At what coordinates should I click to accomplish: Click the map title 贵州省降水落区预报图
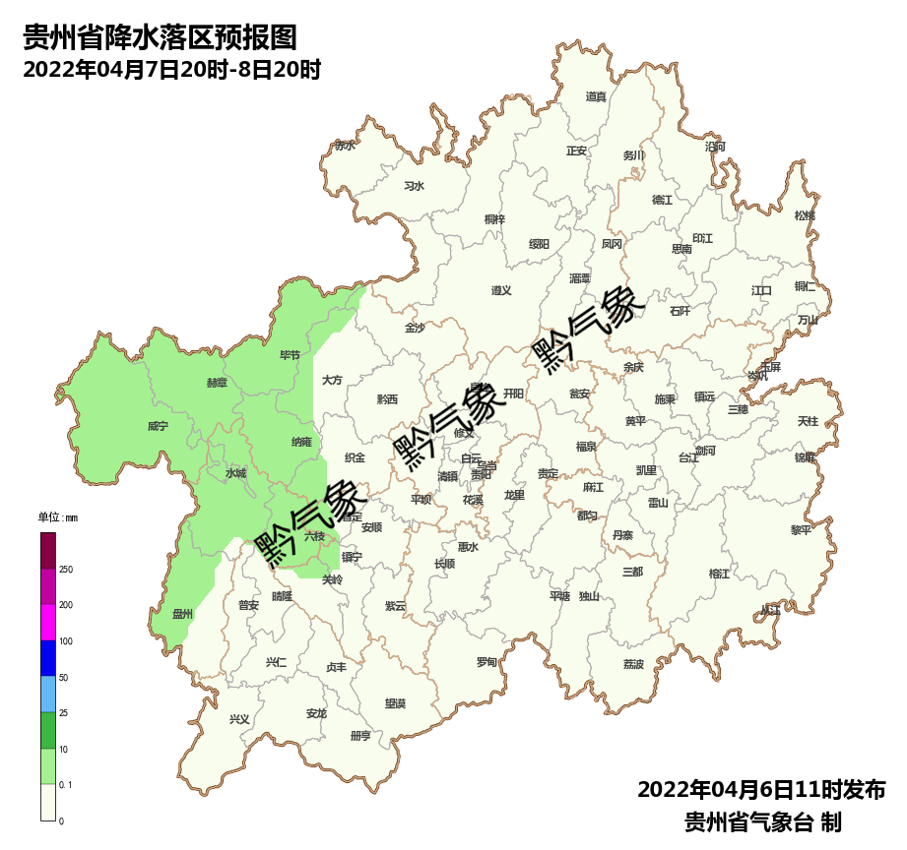coord(160,38)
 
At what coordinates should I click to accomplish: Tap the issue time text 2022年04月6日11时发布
coord(761,790)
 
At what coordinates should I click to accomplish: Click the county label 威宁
coord(158,427)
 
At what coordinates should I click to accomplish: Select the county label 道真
coord(596,96)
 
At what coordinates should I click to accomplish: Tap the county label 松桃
coord(805,215)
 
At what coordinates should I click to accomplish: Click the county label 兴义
coord(239,719)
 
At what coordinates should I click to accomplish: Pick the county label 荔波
coord(633,664)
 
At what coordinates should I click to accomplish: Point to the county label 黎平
coord(802,529)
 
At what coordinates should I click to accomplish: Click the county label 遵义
coord(501,290)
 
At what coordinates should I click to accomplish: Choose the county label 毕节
coord(291,355)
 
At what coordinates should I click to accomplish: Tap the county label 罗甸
coord(486,662)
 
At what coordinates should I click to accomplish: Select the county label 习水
coord(415,186)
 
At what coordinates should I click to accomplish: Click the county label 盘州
coord(182,614)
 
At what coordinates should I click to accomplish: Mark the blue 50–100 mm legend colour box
coord(48,658)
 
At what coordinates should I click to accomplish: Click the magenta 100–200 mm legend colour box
coord(48,622)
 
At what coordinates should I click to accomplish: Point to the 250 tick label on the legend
coord(66,570)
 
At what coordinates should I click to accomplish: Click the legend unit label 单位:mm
coord(57,517)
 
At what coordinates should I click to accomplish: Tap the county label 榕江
coord(720,574)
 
